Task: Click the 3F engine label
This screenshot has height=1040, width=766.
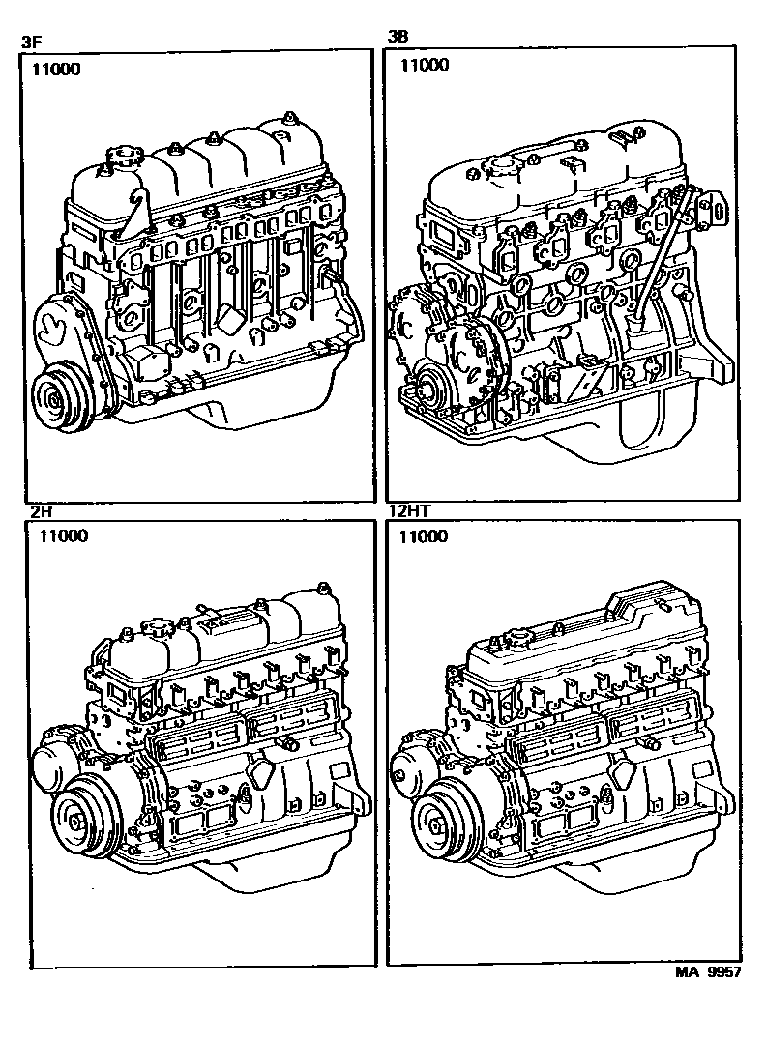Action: (31, 42)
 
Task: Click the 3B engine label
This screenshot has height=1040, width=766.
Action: (398, 37)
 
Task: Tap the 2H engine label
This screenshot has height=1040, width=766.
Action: (41, 512)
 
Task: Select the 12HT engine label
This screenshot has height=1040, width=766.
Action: (409, 510)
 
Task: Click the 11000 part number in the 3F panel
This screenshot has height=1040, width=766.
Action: (56, 70)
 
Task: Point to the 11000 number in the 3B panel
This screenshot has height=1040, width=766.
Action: (425, 65)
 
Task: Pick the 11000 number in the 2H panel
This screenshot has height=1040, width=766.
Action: (63, 535)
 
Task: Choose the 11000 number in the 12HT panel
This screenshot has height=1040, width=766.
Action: (423, 535)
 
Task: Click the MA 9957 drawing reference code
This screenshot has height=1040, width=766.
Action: (708, 972)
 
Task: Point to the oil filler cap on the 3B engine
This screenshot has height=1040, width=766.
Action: (498, 166)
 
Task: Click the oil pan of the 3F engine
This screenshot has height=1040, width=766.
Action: (259, 408)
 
